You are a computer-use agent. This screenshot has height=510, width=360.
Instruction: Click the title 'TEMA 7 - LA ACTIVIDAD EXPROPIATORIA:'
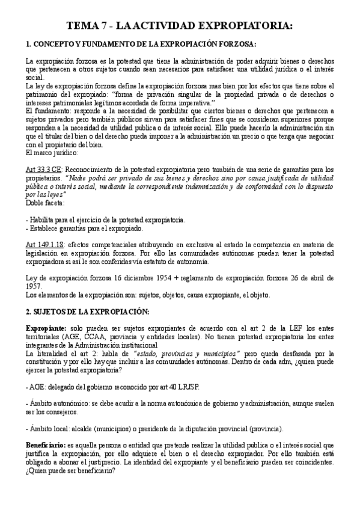tap(180, 26)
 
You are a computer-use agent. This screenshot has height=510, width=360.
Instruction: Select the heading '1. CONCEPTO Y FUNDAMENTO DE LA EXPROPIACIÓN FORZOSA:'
tap(141, 45)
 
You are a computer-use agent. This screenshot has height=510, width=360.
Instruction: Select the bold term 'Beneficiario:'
tap(46, 443)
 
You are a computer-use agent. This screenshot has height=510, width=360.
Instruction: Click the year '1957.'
tap(35, 286)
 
